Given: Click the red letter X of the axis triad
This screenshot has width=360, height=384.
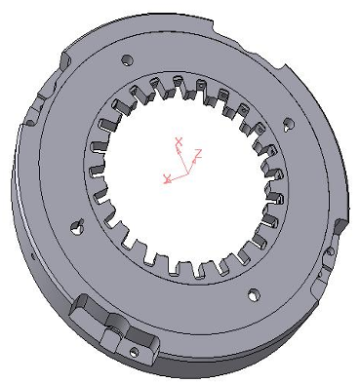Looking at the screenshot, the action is [x=179, y=141].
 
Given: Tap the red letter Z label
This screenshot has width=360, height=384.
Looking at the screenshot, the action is [x=198, y=153].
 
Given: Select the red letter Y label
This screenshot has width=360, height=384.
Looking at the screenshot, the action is [x=167, y=178].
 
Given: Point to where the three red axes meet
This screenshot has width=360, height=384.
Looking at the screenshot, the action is [x=186, y=173].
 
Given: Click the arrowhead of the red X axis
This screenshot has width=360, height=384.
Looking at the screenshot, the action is [x=179, y=150].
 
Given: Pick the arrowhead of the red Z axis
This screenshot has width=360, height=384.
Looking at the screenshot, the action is [x=194, y=160].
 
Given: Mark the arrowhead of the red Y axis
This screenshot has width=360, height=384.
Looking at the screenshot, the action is [x=169, y=180].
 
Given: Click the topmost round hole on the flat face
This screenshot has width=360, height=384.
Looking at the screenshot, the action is [x=127, y=60].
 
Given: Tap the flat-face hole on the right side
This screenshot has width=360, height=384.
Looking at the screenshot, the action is [x=289, y=124].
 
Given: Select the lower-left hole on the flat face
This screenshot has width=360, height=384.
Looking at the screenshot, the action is [x=77, y=227].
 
